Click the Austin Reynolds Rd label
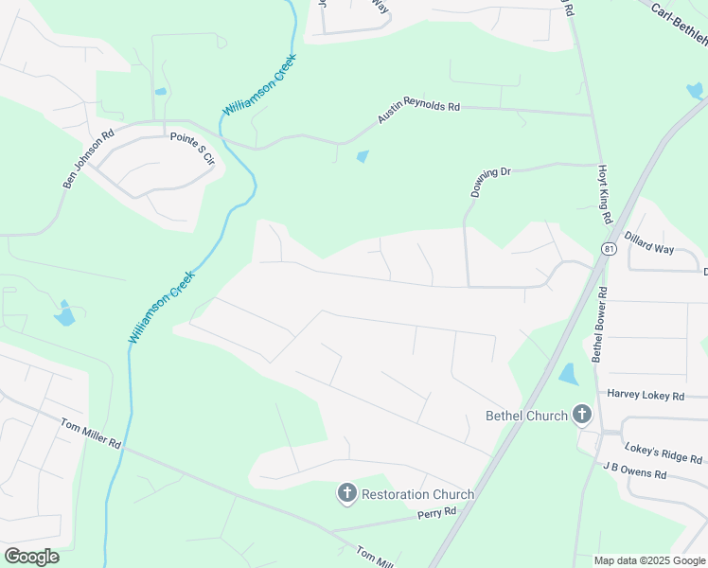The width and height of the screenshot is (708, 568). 418,112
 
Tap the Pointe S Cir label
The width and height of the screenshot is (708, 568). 193,150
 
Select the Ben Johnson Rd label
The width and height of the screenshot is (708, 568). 88,159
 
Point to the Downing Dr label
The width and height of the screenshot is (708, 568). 490,182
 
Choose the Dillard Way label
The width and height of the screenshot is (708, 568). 649,242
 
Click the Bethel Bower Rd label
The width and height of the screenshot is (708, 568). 598,321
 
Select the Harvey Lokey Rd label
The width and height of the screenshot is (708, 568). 646,395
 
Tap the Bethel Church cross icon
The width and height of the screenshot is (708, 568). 581,415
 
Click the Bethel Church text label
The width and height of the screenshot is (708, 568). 526,416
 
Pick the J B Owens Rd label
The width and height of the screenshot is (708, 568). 635,470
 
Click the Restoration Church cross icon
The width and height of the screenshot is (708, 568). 347,493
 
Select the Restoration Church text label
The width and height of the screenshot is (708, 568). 417,494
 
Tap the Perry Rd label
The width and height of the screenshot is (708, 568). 436,512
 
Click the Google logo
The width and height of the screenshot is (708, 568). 31,557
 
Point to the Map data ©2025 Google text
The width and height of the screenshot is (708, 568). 649,560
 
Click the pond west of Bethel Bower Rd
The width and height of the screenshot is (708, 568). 568,374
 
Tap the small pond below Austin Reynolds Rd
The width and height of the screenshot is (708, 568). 363,156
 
